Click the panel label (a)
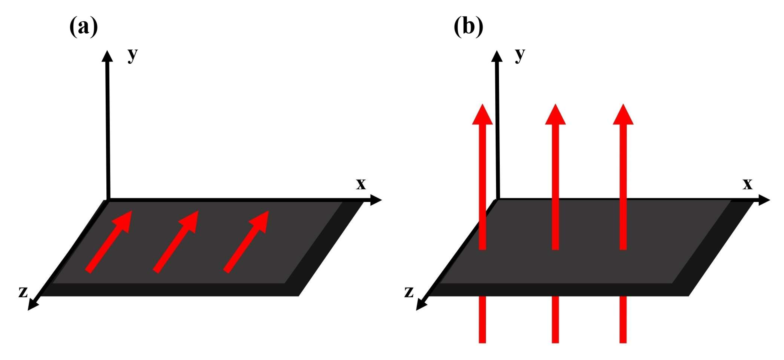coord(84,27)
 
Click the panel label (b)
coord(468,27)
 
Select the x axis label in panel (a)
coord(361,184)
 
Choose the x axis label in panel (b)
coord(747,184)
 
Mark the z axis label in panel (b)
coord(409,292)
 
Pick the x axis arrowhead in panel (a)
coord(376,200)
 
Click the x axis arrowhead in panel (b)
coord(764,200)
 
